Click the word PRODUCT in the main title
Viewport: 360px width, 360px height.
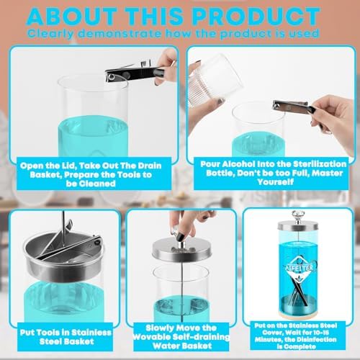point(256,16)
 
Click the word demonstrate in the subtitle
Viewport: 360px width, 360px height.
point(120,34)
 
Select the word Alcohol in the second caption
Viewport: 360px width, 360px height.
point(238,164)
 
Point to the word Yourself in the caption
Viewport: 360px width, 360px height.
point(275,181)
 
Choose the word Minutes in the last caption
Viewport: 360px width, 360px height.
point(266,340)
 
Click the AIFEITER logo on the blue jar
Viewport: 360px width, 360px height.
point(300,267)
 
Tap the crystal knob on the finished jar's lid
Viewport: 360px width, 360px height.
point(297,215)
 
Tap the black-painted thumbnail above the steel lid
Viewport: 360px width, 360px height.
point(180,235)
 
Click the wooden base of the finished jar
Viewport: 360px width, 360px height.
point(297,314)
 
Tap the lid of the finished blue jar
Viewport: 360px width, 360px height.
point(297,225)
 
